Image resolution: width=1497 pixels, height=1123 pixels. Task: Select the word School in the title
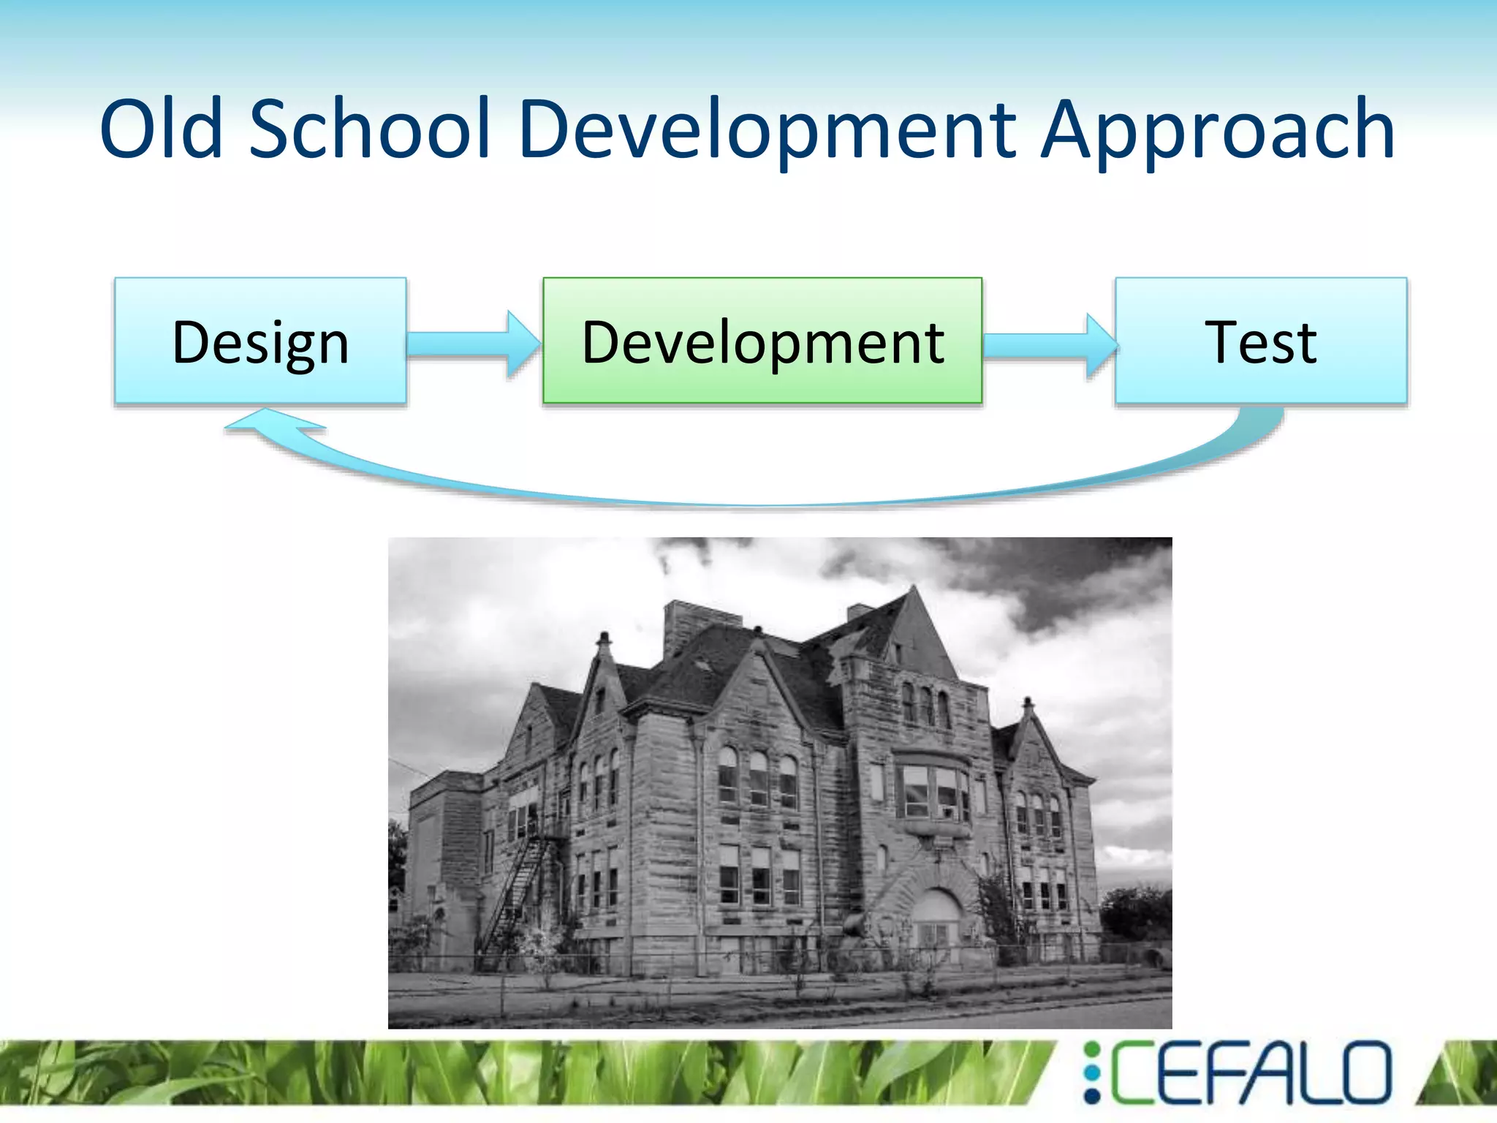tap(369, 129)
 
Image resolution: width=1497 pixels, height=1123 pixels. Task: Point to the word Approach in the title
tap(1217, 129)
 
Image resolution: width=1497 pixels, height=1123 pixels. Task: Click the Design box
tap(260, 341)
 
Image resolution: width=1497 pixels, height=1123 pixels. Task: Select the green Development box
tap(762, 341)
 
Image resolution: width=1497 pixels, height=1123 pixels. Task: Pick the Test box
tap(1260, 341)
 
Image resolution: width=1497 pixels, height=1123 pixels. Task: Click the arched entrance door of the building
tap(937, 925)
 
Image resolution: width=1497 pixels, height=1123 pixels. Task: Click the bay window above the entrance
tap(934, 793)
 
